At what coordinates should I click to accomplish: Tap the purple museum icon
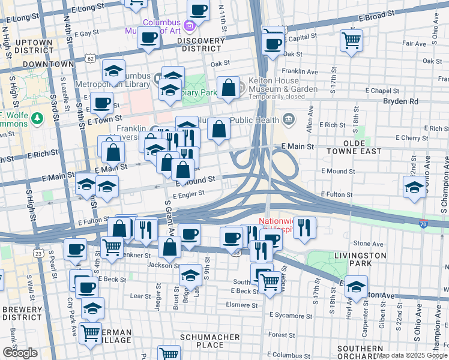190,25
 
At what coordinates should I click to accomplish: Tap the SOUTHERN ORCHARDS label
360,353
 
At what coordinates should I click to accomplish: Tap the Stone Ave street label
368,244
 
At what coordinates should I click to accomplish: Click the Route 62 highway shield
90,59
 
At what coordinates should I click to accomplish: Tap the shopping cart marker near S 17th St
351,41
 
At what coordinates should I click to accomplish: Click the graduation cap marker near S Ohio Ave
414,187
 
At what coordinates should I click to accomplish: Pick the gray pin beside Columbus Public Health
289,118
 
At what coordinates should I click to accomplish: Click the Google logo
20,352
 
